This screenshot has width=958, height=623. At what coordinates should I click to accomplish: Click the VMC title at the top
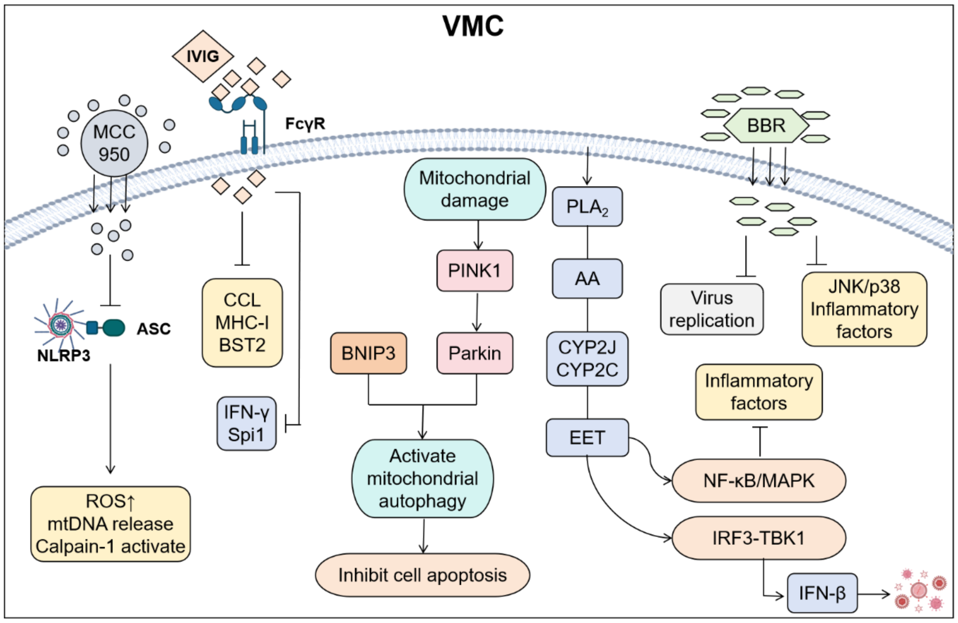(473, 26)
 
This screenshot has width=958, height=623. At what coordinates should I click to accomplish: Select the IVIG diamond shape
(203, 56)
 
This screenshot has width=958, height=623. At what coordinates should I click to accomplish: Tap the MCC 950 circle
(114, 143)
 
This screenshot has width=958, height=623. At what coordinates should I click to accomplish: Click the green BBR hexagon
(766, 126)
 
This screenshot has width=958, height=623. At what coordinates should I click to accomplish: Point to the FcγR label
(305, 123)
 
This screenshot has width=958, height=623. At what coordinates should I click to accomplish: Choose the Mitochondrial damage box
(474, 189)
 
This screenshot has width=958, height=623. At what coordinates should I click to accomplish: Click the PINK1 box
(474, 271)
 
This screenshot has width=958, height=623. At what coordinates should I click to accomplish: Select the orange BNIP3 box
(368, 353)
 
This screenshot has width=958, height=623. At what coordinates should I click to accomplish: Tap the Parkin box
(474, 353)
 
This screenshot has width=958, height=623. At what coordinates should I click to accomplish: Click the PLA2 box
(587, 207)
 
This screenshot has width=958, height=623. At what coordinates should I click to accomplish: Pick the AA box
(587, 279)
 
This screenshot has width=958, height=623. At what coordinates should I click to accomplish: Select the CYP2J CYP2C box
(587, 359)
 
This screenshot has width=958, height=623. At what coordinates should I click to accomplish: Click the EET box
(587, 438)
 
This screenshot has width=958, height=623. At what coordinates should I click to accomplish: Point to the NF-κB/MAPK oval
(758, 480)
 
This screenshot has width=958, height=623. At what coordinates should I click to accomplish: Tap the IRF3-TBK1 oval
(758, 538)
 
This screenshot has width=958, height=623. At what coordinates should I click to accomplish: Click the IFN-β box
(822, 593)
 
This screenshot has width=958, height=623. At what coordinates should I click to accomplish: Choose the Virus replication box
(711, 310)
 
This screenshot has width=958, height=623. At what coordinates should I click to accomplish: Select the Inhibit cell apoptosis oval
(422, 575)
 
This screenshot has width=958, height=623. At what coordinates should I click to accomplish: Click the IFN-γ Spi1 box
(246, 423)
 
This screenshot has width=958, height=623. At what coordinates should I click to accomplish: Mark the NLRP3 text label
(64, 355)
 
